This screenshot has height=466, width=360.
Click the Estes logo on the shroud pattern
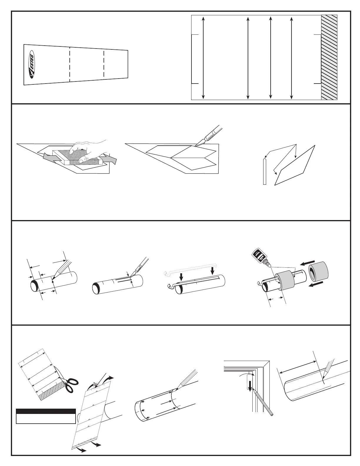click(x=31, y=64)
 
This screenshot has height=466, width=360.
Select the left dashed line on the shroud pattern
click(x=69, y=64)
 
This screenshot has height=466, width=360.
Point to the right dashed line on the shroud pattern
click(x=104, y=64)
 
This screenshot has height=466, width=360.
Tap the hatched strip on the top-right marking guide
click(x=329, y=57)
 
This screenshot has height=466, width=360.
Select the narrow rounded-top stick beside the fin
click(x=264, y=172)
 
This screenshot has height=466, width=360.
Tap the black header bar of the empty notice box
click(x=46, y=411)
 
